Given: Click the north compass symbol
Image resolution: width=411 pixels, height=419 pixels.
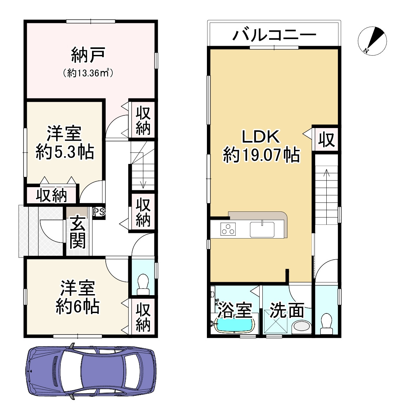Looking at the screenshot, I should tap(372, 41).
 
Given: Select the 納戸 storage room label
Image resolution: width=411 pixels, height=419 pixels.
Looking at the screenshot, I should tap(88, 55).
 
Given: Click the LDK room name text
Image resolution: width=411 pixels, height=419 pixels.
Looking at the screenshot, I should tap(261, 137).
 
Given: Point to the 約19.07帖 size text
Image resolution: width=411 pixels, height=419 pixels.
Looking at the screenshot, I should tap(261, 155).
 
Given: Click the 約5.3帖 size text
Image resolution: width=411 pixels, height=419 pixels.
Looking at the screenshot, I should tap(65, 152).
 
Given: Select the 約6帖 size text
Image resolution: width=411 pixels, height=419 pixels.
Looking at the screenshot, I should tap(77, 307).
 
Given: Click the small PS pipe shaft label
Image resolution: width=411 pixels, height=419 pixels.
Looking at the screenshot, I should tap(98, 212).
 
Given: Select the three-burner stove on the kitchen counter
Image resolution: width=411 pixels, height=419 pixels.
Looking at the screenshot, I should tap(228, 229).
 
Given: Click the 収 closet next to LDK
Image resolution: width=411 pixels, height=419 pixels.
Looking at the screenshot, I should tap(326, 140).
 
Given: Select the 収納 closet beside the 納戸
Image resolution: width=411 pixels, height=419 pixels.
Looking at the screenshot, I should tap(143, 120).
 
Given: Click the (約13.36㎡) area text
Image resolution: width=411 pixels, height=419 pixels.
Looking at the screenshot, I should tap(88, 73).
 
